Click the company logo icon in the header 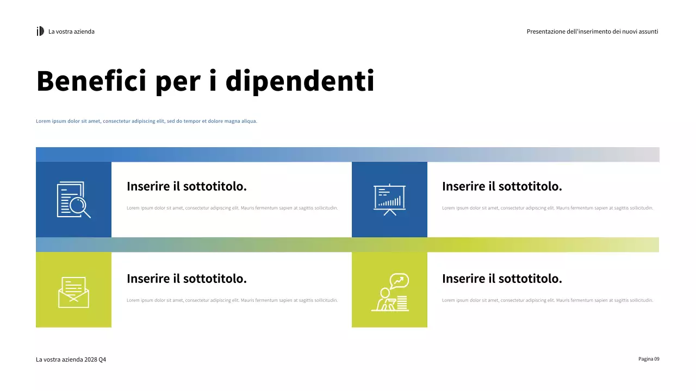40,31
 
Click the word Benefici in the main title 91,81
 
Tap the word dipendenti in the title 300,81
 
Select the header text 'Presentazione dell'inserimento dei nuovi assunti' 592,31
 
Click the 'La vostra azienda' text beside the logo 71,31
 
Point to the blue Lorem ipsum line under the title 146,121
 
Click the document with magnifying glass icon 73,200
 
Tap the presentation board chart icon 389,200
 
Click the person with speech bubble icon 390,292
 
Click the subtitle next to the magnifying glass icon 187,186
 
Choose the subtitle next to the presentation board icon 502,186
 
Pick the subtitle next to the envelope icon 187,279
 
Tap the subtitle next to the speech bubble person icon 502,279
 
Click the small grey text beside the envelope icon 232,300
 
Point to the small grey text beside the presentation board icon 548,208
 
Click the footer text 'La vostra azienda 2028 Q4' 71,360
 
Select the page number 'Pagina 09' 649,359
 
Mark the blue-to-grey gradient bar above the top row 347,154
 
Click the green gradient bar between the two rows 347,244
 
